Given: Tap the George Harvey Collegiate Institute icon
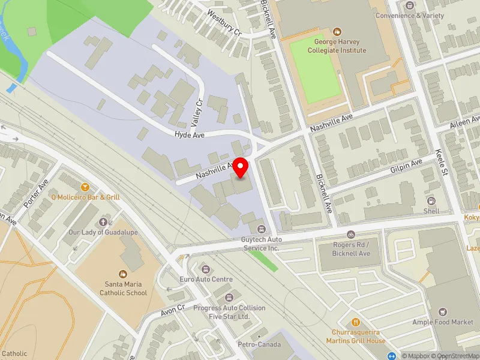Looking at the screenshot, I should pos(337,31).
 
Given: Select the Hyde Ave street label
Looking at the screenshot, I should pos(190,135).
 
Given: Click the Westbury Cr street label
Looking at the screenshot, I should pos(223,22).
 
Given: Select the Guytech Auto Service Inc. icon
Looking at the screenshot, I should pos(261,229).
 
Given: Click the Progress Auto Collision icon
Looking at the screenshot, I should pos(229,298).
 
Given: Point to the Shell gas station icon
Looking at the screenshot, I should pos(431,200).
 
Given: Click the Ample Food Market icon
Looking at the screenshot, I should pos(443,311).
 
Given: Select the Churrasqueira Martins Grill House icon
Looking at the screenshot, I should pos(356,321).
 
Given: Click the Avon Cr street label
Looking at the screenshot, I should pos(175,313).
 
